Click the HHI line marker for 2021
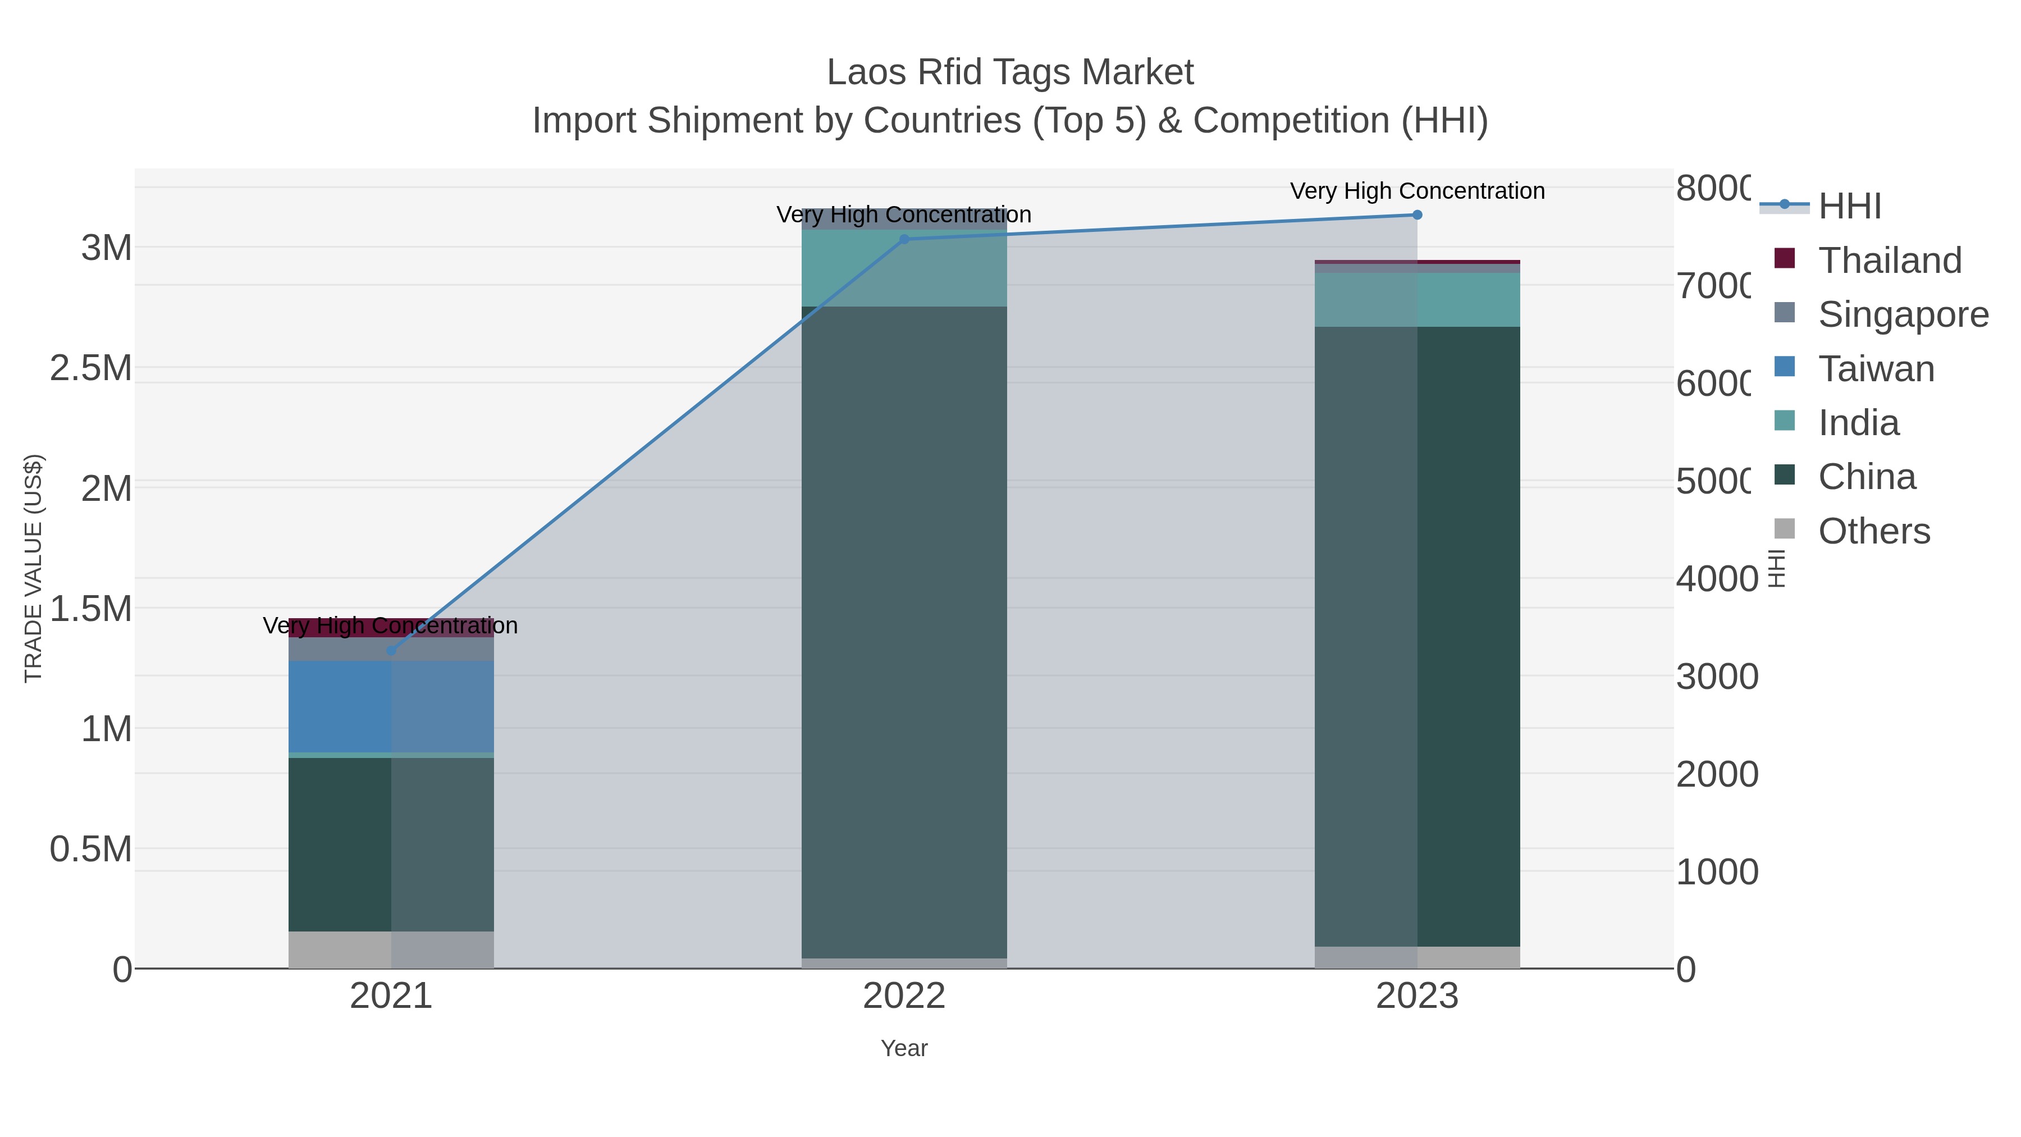(x=391, y=651)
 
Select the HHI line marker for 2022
(x=904, y=239)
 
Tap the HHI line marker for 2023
(x=1417, y=215)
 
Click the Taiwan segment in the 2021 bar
(x=391, y=706)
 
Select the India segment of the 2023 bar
(x=1417, y=300)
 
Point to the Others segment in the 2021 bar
(x=391, y=949)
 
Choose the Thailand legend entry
(x=1889, y=261)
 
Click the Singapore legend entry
(x=1903, y=314)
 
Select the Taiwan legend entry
(x=1876, y=369)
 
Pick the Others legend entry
(x=1873, y=531)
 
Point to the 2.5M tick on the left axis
(x=91, y=368)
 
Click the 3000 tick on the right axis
(x=1717, y=677)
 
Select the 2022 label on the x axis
(x=904, y=996)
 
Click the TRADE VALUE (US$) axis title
(x=33, y=568)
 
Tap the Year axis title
(x=904, y=1048)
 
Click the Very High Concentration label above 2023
(x=1417, y=191)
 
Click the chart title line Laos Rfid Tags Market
(x=1010, y=72)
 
